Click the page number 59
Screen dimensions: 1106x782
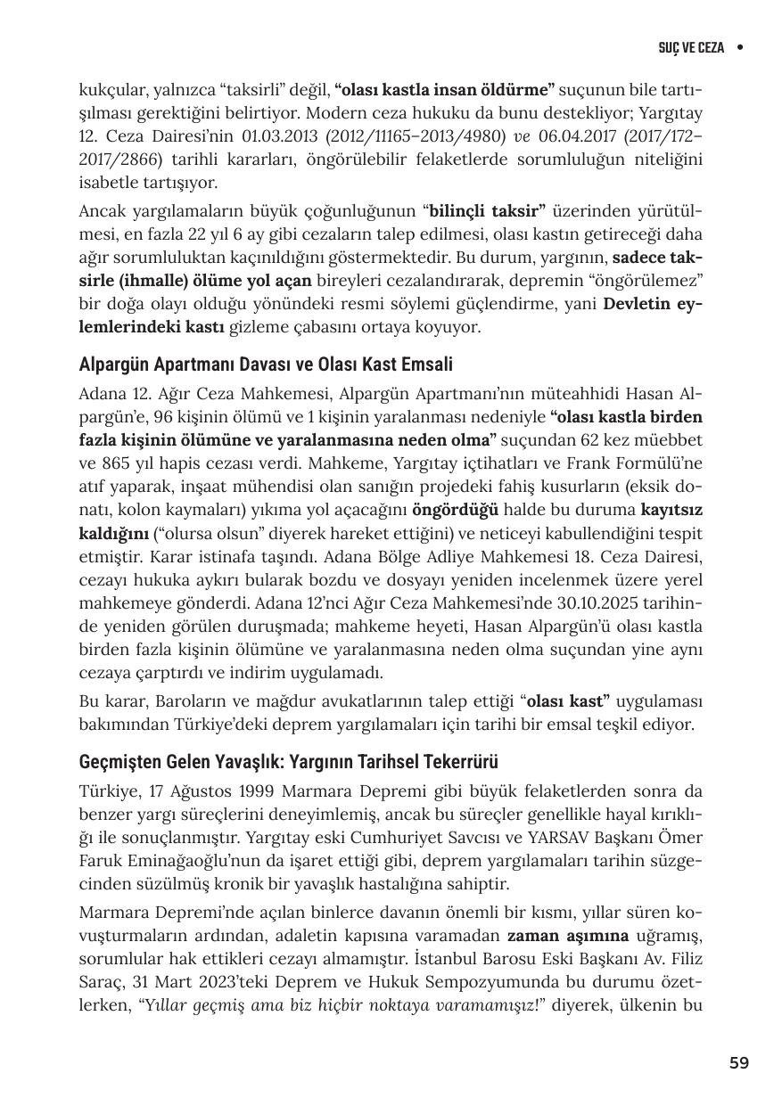738,1062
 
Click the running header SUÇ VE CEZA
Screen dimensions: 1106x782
691,47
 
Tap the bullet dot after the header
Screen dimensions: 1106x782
740,47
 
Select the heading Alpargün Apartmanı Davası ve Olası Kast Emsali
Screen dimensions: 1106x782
266,365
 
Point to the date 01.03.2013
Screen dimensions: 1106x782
277,135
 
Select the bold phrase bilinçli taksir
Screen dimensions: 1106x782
486,212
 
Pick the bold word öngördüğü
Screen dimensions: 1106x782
455,511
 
